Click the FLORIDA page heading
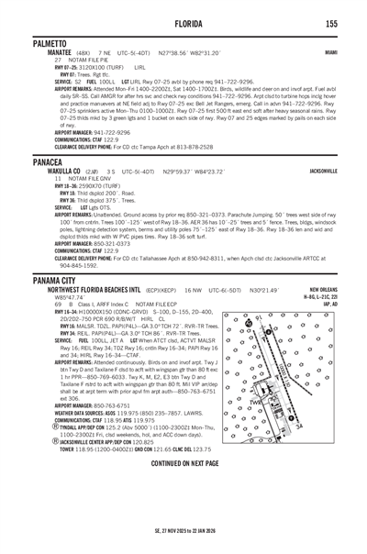(183, 22)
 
